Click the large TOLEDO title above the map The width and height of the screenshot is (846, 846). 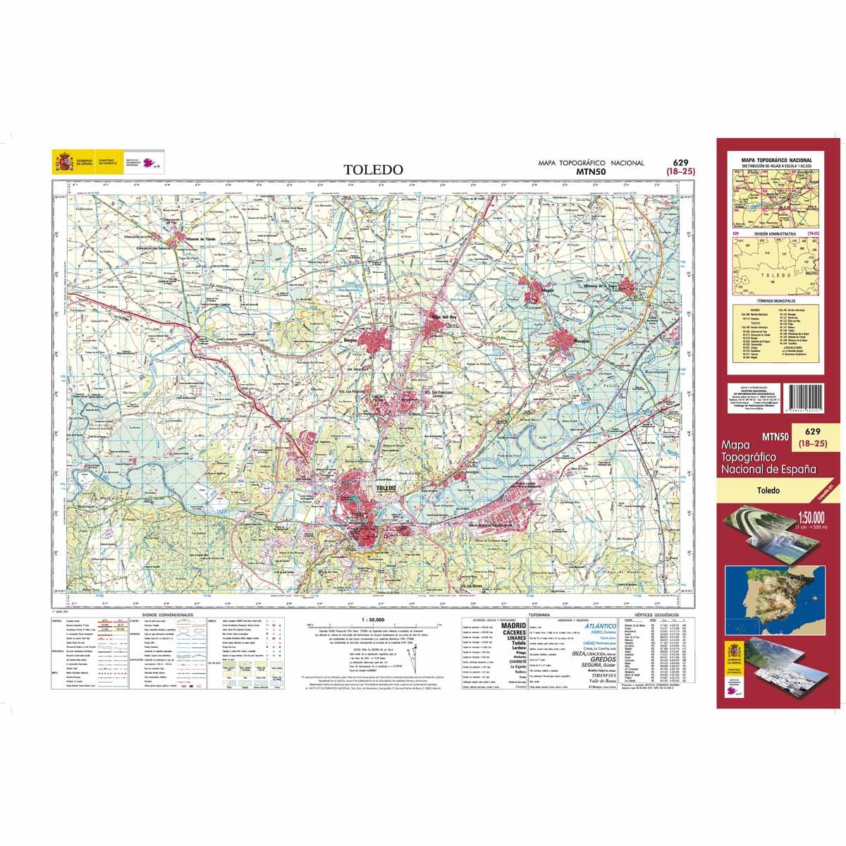tap(374, 170)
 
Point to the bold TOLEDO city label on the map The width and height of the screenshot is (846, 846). tap(387, 488)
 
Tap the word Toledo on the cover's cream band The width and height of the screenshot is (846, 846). tap(768, 490)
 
